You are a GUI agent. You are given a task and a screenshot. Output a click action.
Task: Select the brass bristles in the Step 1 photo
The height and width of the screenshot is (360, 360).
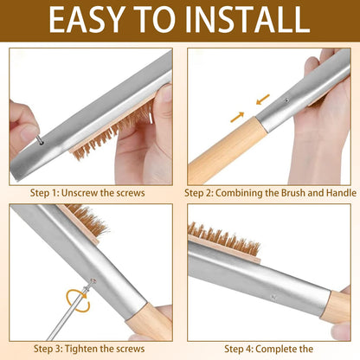tap(112, 132)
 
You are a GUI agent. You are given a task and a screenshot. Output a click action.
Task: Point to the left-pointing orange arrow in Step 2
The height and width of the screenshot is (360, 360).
tap(262, 100)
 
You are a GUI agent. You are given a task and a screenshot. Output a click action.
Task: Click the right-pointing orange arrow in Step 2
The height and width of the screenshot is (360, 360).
tap(237, 117)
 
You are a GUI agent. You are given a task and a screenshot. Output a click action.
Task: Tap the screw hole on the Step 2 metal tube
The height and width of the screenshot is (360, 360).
tap(286, 100)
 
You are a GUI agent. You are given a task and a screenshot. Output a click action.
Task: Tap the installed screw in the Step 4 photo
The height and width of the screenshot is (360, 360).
tap(273, 297)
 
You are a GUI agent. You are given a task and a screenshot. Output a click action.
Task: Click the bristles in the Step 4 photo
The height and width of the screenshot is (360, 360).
tap(223, 239)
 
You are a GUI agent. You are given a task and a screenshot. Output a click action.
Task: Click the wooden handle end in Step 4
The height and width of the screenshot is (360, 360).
tap(337, 305)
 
